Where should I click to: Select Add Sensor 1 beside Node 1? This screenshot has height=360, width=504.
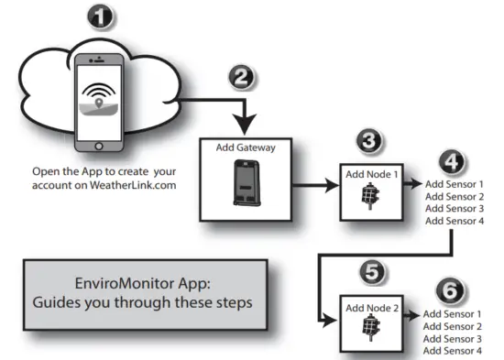455,184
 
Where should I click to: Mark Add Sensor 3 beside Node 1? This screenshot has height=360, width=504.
455,208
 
